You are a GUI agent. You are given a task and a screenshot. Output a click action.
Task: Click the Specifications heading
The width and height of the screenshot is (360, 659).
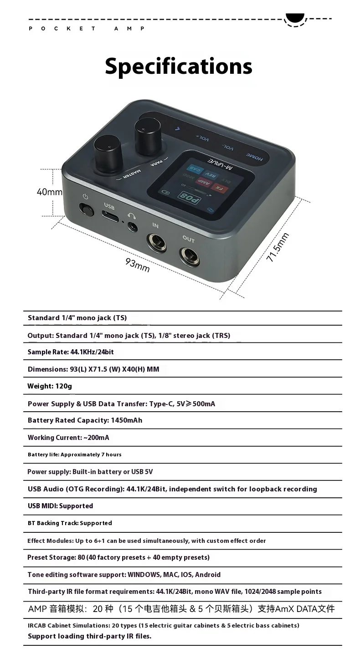click(x=179, y=66)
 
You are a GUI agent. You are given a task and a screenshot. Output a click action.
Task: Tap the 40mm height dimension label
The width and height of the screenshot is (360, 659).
click(x=49, y=192)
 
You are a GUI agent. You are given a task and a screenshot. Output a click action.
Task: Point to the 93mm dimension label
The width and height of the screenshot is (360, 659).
click(x=138, y=265)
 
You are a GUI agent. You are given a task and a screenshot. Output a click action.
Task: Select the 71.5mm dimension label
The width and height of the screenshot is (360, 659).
click(x=278, y=247)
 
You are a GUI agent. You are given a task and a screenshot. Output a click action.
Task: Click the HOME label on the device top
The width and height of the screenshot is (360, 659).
click(x=255, y=157)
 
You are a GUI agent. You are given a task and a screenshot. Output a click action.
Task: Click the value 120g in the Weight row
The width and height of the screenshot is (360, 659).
click(x=63, y=386)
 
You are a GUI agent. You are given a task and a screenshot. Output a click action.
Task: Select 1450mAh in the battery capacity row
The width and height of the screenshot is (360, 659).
click(x=127, y=420)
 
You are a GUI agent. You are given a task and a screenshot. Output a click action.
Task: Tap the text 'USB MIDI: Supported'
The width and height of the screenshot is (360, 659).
click(x=60, y=506)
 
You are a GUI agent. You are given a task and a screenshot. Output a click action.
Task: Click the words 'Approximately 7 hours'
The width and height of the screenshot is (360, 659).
click(x=91, y=455)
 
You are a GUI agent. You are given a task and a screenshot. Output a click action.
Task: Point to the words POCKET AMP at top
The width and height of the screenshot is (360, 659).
click(x=87, y=28)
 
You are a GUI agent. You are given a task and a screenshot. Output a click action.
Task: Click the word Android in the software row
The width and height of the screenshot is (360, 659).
click(x=208, y=575)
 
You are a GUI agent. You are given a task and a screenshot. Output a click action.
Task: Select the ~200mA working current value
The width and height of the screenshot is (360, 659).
click(x=96, y=438)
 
